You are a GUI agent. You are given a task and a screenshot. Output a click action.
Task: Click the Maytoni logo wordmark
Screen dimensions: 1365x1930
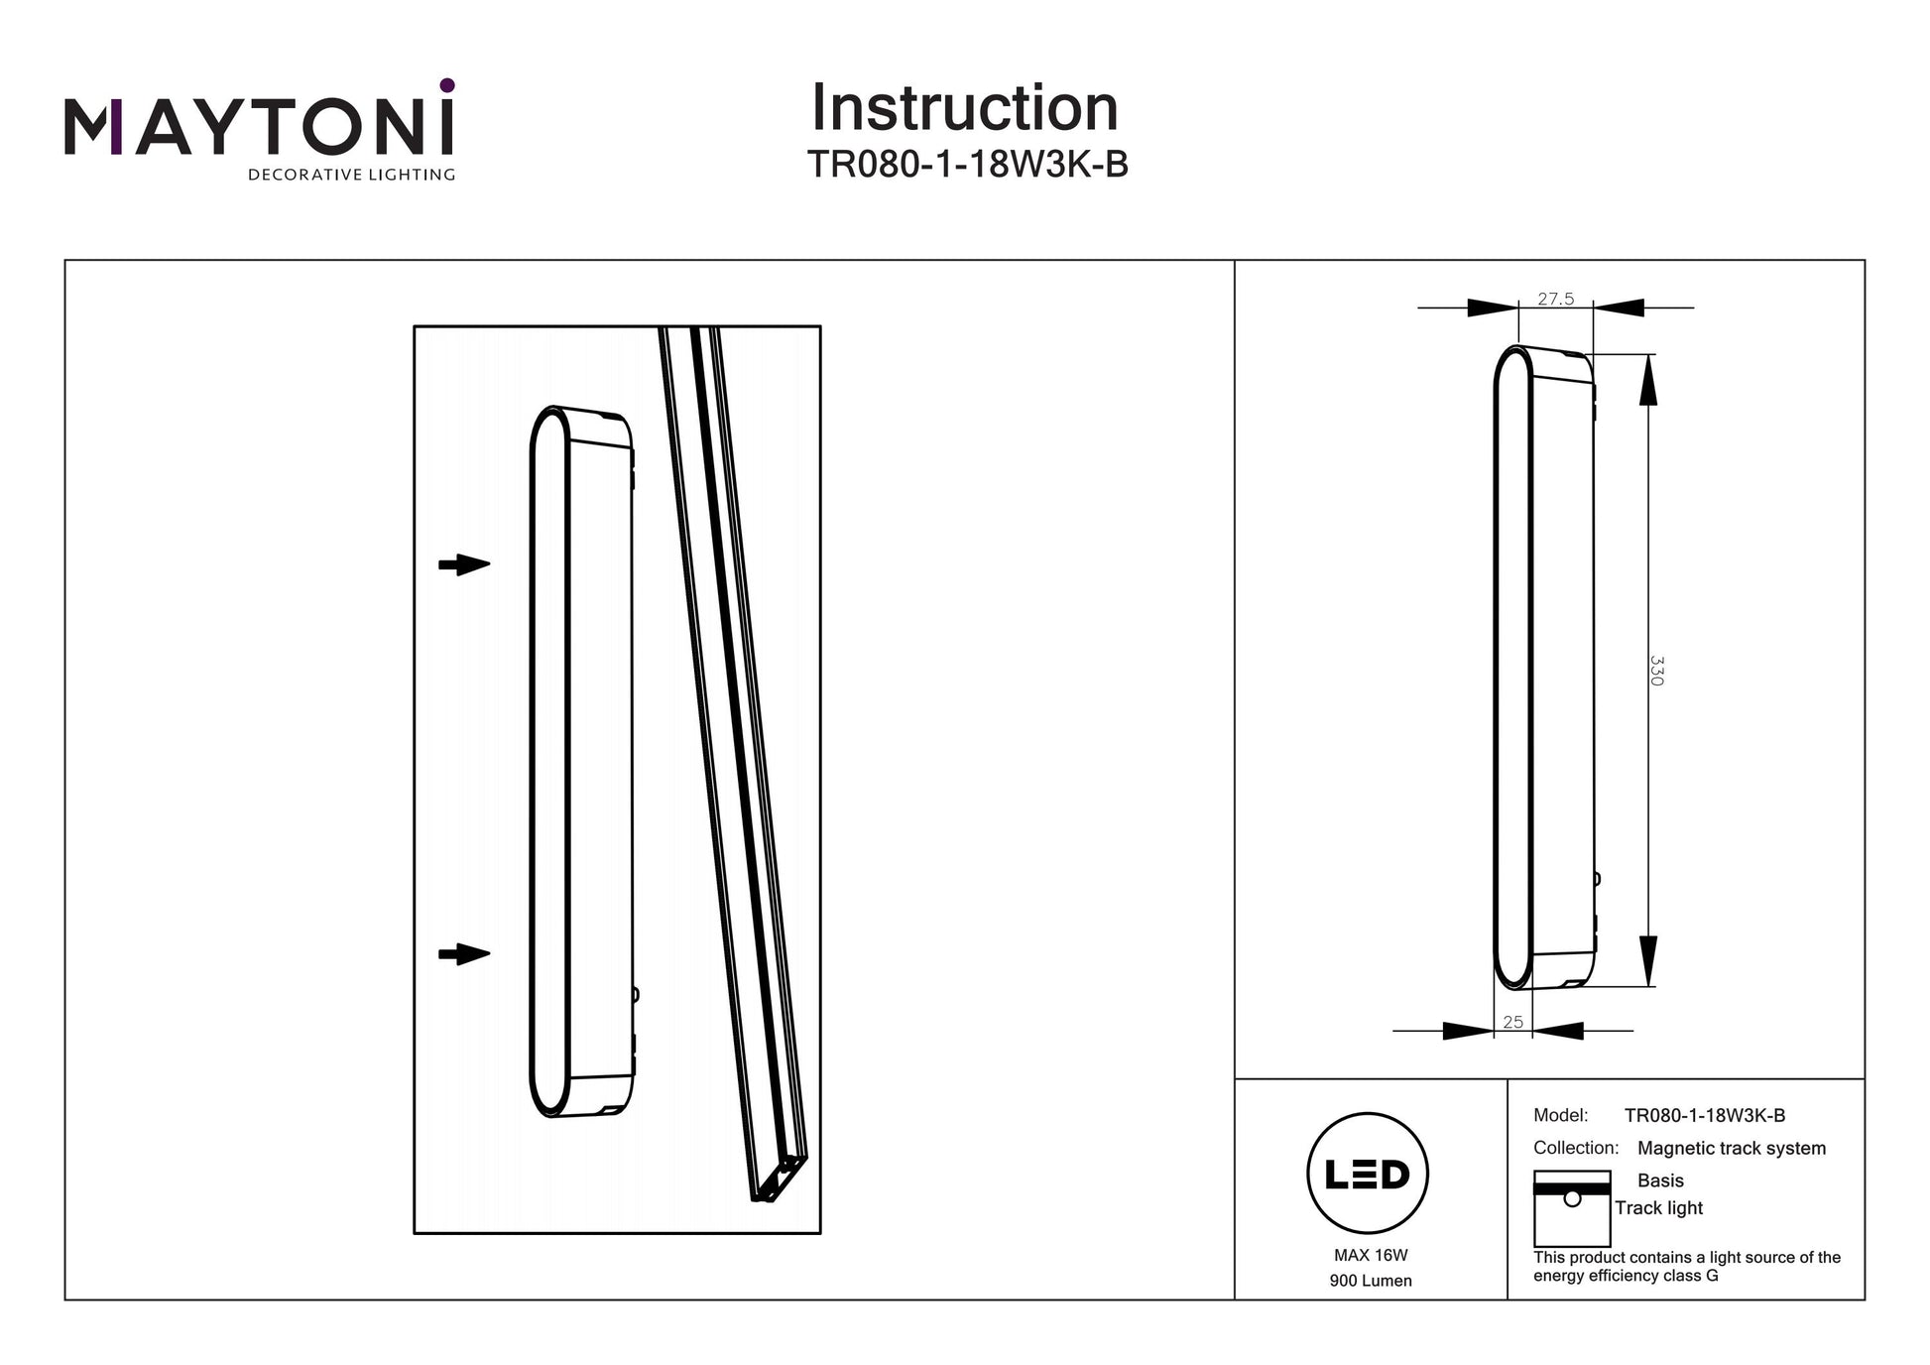[x=260, y=127]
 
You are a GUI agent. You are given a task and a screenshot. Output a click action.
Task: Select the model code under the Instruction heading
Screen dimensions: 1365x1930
[x=967, y=165]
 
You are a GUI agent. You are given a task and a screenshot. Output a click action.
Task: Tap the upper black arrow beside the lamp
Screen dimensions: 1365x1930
[x=464, y=564]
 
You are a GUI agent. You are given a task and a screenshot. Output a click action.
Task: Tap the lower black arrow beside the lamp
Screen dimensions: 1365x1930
[x=464, y=954]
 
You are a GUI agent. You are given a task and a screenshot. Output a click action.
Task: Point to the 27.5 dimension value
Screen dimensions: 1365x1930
[x=1555, y=299]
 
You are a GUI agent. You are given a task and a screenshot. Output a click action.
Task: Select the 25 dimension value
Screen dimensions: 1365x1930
[x=1512, y=1022]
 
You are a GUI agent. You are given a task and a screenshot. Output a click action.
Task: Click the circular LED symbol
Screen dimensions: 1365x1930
[x=1368, y=1173]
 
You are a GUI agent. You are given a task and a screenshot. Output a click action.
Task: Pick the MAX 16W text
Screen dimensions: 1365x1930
[x=1371, y=1255]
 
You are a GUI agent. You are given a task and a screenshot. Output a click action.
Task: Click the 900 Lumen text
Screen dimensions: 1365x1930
[x=1371, y=1281]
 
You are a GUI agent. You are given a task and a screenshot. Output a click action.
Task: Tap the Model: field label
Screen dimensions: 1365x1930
[x=1560, y=1115]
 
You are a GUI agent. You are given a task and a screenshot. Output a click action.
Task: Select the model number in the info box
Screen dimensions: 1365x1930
[x=1705, y=1115]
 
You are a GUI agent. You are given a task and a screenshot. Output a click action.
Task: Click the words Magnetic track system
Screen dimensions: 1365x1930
[x=1731, y=1148]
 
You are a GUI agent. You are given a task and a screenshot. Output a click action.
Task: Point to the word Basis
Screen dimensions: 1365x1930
[x=1660, y=1180]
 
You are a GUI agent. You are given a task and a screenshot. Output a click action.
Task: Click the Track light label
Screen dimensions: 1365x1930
[x=1658, y=1208]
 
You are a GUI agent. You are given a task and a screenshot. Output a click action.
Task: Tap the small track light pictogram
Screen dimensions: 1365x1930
[x=1572, y=1208]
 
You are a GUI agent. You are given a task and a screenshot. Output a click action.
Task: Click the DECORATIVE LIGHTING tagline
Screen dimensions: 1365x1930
[x=351, y=175]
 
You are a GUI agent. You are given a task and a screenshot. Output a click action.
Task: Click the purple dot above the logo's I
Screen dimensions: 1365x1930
[x=447, y=85]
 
